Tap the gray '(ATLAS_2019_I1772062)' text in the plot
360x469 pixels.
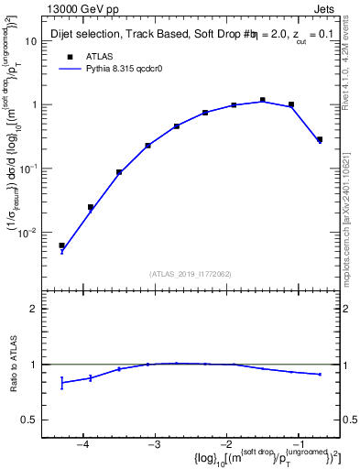click(x=191, y=273)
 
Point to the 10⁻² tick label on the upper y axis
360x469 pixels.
click(x=29, y=233)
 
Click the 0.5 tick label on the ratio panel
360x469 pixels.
click(x=29, y=420)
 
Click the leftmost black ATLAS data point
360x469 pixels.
click(x=61, y=245)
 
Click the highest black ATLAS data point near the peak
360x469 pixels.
click(x=262, y=100)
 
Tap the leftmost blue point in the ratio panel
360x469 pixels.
click(x=61, y=383)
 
